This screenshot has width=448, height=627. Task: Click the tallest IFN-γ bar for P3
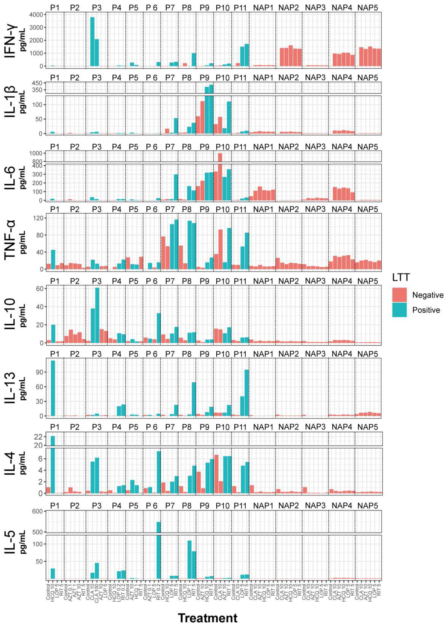[x=92, y=41]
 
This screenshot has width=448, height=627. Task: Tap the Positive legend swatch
[x=399, y=310]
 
